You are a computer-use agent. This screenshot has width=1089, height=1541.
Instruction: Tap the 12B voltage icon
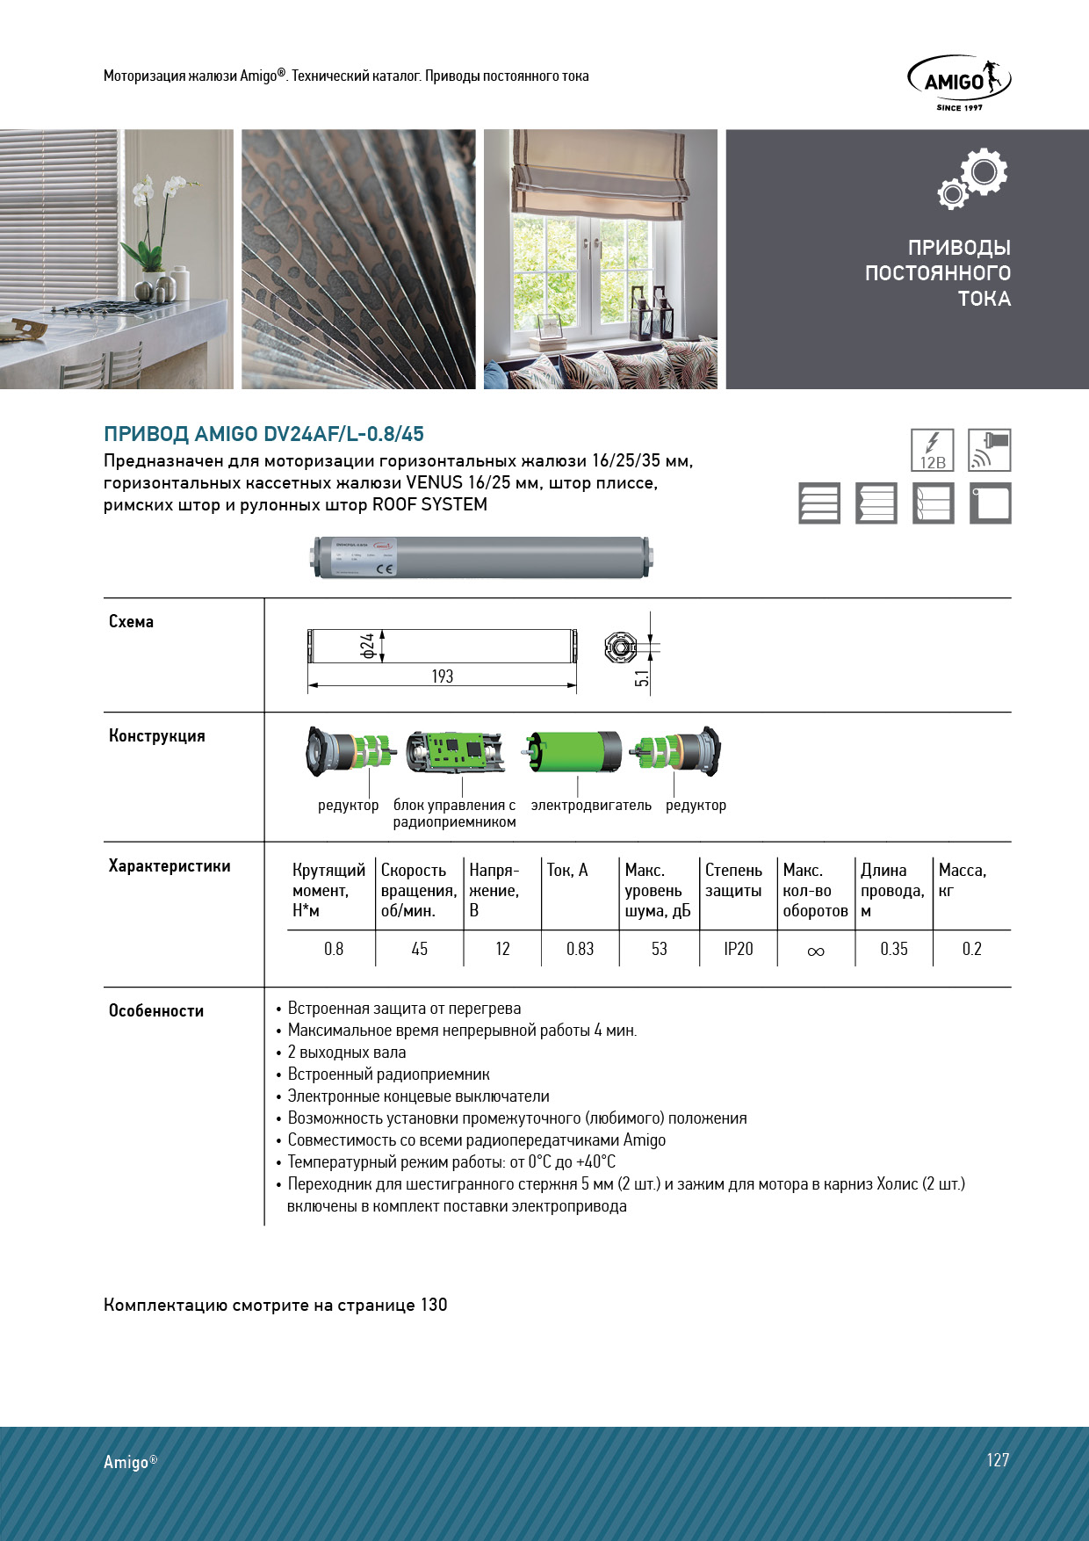[932, 450]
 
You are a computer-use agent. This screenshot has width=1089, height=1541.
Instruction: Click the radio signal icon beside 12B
[989, 450]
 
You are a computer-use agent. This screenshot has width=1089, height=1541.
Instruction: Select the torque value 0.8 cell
[333, 949]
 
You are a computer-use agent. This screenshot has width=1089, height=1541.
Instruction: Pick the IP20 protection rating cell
[738, 949]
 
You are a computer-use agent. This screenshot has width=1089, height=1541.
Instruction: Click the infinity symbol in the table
[815, 951]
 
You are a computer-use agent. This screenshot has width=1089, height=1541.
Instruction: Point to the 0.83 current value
[580, 949]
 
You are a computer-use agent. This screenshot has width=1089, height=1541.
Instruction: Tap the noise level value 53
[659, 949]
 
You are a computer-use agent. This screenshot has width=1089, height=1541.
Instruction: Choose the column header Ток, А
[567, 871]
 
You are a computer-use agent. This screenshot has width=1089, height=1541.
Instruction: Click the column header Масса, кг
[962, 880]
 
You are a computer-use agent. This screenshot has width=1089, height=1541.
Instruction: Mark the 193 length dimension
[442, 676]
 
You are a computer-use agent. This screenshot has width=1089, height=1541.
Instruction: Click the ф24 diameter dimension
[368, 646]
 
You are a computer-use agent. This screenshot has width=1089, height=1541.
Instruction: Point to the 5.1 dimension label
[642, 677]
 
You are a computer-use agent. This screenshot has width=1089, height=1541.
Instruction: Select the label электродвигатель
[591, 806]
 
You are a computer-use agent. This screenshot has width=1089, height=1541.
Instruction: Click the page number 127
[997, 1460]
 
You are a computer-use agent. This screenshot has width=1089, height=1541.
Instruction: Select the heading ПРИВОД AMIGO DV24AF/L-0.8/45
[263, 434]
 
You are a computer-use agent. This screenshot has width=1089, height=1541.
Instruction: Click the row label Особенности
[156, 1011]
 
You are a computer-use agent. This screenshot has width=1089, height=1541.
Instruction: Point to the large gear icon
[984, 172]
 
